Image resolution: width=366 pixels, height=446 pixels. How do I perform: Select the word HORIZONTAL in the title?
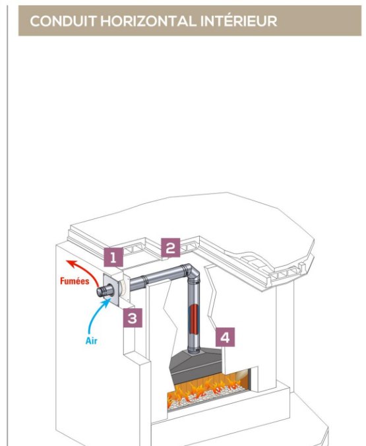148,21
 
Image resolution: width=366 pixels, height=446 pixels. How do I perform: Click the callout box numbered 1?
113,257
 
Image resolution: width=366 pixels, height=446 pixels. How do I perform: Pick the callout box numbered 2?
171,248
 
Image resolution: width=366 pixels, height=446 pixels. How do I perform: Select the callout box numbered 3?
133,318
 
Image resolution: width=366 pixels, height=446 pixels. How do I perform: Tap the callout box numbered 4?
225,337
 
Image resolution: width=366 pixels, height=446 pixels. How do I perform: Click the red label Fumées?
75,281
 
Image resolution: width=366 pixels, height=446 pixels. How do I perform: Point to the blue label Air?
91,340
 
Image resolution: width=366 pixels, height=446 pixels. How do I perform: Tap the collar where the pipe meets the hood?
194,350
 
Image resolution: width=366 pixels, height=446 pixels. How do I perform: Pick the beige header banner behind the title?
190,20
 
